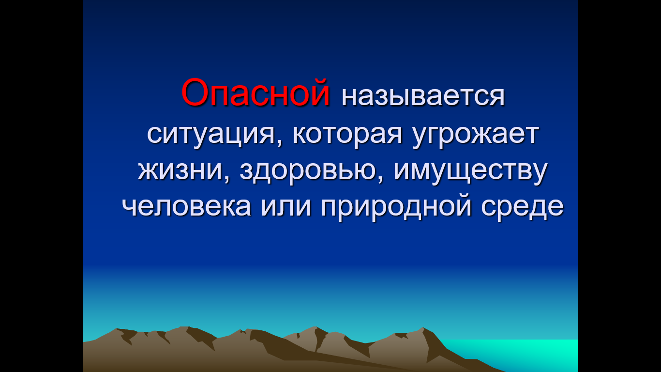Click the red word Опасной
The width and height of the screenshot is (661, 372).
click(255, 93)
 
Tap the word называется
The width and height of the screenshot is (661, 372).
click(423, 96)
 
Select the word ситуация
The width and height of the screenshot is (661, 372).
click(210, 135)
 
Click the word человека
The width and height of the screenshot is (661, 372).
click(186, 207)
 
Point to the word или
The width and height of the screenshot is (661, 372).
click(285, 207)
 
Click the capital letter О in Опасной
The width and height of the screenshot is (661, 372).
click(195, 93)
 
